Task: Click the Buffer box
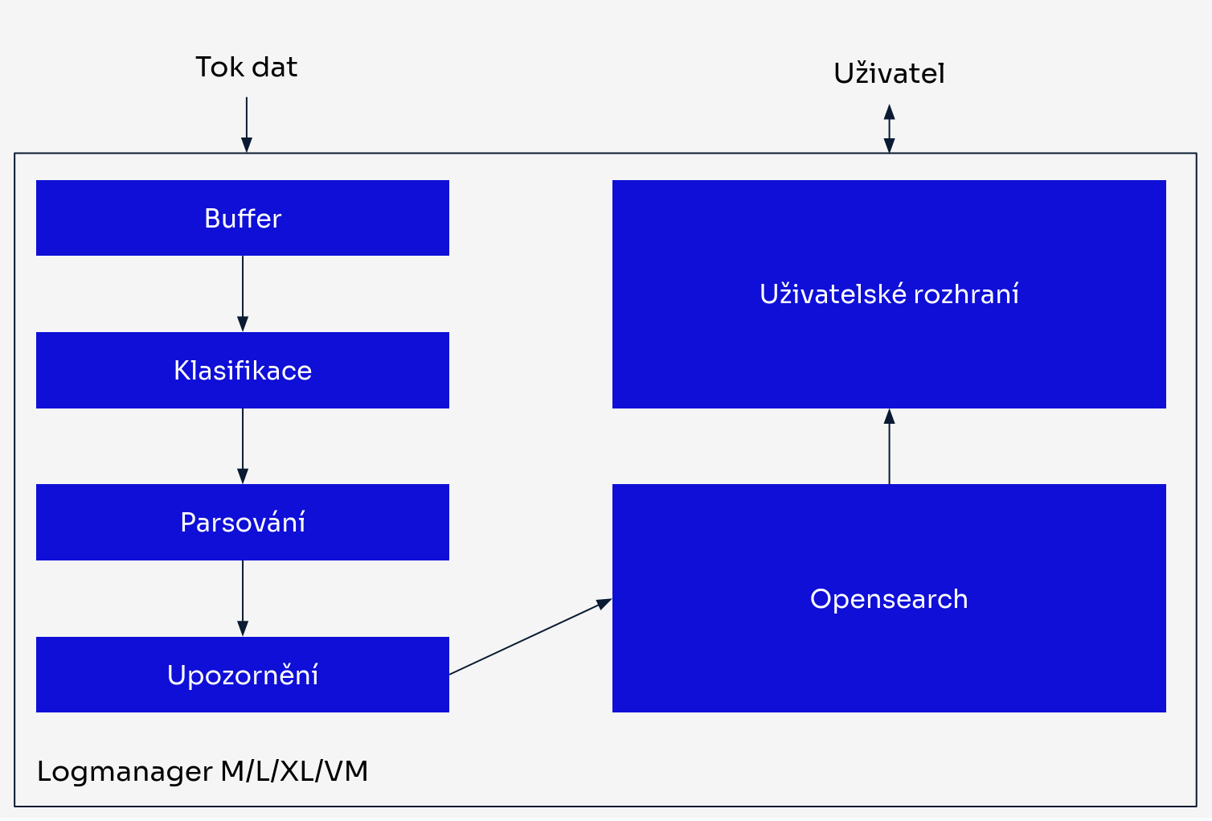click(242, 218)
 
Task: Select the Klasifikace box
click(242, 370)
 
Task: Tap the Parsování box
click(242, 522)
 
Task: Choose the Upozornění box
click(242, 675)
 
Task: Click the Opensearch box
click(888, 598)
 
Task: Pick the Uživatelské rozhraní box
click(888, 294)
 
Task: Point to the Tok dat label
click(246, 67)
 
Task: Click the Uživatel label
click(889, 73)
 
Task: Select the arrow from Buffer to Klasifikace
click(243, 294)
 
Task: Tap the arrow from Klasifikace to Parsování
click(243, 445)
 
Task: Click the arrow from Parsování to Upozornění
click(243, 597)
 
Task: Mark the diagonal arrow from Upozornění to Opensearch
click(530, 636)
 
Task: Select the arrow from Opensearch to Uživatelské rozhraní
click(889, 446)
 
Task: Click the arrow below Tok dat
click(247, 124)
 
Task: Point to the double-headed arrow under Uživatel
click(889, 128)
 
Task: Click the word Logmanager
click(125, 772)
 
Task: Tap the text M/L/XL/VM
click(294, 771)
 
